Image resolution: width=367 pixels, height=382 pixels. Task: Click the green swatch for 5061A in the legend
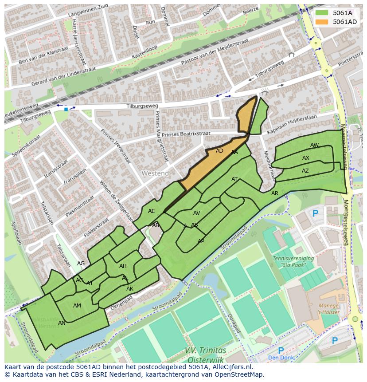[322, 13]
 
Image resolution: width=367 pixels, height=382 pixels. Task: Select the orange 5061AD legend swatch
[322, 22]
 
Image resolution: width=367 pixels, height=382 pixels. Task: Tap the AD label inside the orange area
[219, 151]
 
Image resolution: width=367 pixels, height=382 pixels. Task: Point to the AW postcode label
[314, 145]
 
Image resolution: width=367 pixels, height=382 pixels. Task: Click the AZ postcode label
[305, 171]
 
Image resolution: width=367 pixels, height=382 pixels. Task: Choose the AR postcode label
[275, 193]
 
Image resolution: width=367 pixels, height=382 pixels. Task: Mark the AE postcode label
[152, 211]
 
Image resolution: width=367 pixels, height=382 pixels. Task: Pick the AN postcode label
[62, 323]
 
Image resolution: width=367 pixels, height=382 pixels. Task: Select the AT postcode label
[234, 179]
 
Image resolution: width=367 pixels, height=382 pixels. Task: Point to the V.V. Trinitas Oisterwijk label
[205, 354]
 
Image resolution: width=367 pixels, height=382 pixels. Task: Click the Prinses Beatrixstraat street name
[186, 134]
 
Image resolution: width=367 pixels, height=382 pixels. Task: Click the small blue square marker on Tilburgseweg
[66, 109]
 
